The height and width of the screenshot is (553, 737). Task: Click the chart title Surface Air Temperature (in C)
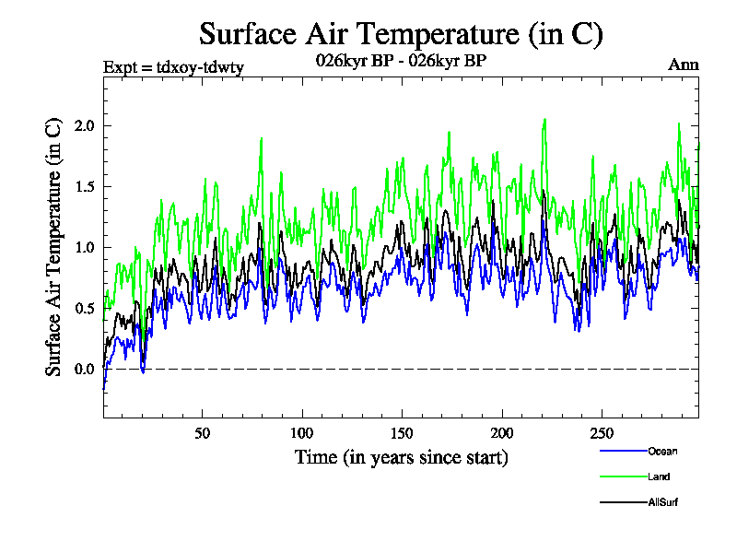(x=401, y=34)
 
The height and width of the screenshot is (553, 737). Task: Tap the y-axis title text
(x=54, y=246)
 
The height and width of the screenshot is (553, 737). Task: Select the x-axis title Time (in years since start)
(x=401, y=457)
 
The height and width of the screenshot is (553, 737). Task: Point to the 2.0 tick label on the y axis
(x=86, y=125)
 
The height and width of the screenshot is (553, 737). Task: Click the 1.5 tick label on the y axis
(x=86, y=186)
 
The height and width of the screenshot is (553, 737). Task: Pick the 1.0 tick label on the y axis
(x=86, y=247)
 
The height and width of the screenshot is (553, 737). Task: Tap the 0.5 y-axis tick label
(x=86, y=308)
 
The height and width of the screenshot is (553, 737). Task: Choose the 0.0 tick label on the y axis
(x=86, y=369)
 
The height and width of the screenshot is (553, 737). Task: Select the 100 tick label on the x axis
(x=302, y=433)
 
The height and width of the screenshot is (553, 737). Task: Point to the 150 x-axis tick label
(x=402, y=433)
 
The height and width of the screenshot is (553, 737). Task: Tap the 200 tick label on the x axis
(x=501, y=433)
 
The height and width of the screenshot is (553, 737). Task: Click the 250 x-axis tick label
(x=601, y=433)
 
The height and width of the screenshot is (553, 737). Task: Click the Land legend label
(x=658, y=477)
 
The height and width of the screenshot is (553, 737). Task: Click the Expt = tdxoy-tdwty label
(x=172, y=65)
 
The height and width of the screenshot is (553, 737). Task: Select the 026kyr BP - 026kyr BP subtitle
(x=401, y=61)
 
